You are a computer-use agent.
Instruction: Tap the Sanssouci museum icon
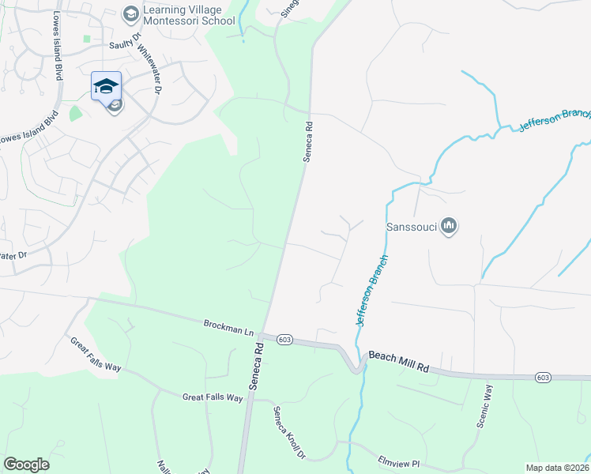449,227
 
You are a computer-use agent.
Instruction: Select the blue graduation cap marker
106,85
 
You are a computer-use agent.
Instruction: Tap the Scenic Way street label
484,406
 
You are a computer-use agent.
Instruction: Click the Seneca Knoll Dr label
289,433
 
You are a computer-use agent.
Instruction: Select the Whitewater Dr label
149,69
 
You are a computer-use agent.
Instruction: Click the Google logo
27,465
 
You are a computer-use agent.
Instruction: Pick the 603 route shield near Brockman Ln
285,340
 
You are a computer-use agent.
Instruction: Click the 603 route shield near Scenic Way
543,378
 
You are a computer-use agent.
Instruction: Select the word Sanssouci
411,227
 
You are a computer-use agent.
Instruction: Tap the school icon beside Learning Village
130,13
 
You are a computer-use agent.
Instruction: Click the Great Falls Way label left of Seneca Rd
213,397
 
